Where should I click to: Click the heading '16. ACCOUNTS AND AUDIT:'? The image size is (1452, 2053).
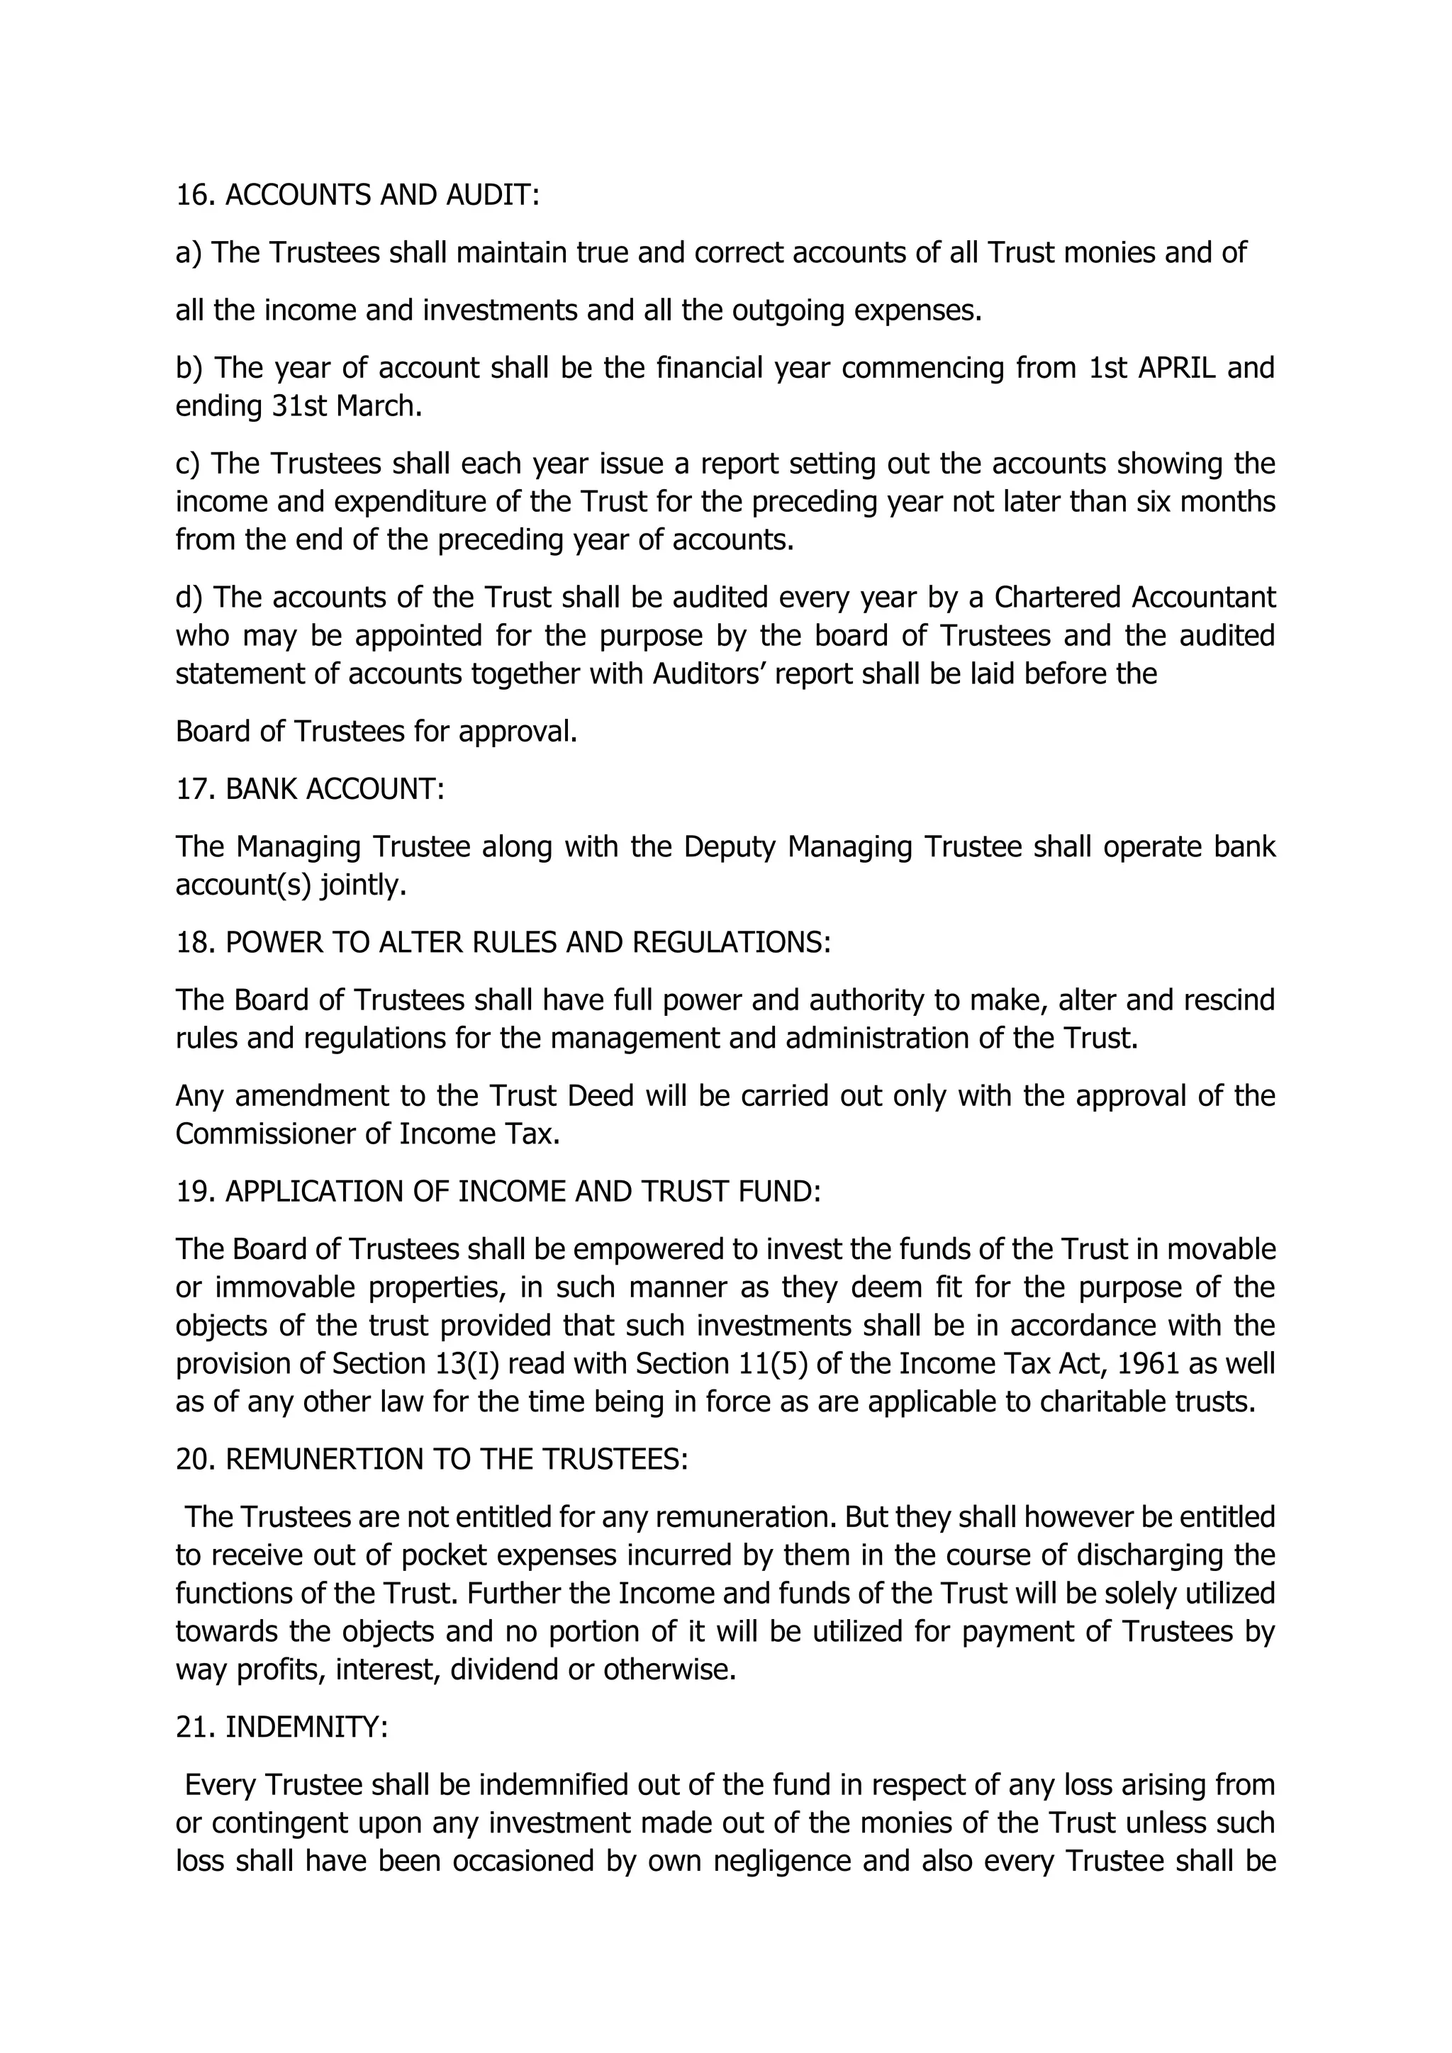click(357, 195)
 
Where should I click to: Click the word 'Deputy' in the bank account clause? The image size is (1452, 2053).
click(730, 846)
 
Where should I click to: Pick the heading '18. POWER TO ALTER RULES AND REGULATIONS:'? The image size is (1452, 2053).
click(503, 941)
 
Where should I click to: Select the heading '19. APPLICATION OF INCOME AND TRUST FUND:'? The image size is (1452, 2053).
click(498, 1191)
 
